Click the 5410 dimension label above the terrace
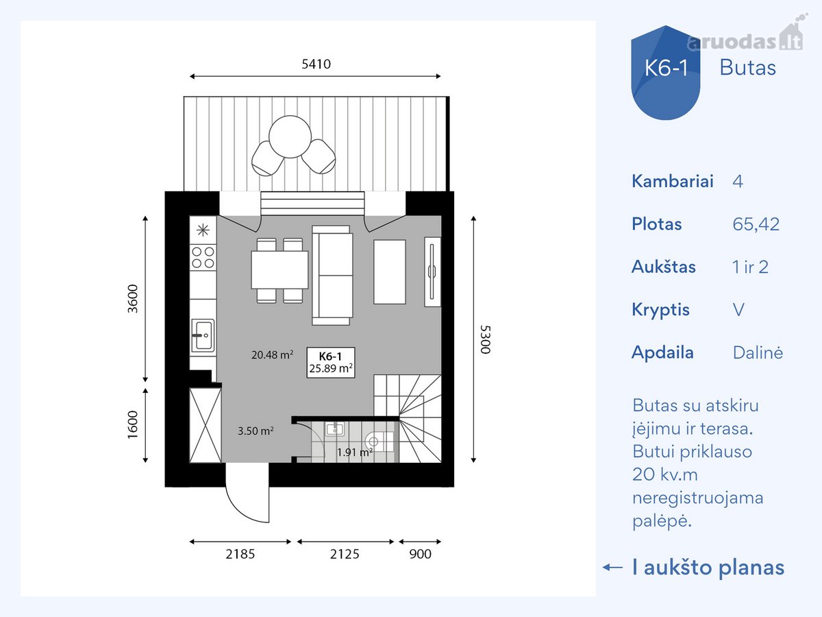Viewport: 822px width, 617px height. point(316,64)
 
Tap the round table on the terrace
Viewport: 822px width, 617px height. point(290,136)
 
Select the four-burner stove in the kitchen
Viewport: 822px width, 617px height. point(203,257)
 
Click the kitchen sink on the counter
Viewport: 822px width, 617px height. point(203,335)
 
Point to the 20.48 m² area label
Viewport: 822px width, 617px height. point(272,354)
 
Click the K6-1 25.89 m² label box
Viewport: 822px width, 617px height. point(331,362)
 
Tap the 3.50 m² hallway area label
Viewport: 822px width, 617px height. point(256,431)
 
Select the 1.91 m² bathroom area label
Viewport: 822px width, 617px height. point(355,452)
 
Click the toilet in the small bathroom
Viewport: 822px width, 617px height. point(379,441)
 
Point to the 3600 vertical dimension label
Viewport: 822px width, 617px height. point(133,299)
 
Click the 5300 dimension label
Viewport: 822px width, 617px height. point(486,339)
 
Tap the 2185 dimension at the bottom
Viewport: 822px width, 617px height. point(240,554)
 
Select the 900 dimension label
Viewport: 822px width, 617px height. point(420,554)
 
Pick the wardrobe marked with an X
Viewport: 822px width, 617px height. point(206,425)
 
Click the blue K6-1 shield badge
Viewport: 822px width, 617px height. point(665,72)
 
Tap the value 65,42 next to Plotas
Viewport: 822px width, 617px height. point(756,224)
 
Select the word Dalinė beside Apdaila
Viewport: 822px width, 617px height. point(758,352)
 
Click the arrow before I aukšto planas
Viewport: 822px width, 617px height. point(612,567)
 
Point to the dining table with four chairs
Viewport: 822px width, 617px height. point(279,270)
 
